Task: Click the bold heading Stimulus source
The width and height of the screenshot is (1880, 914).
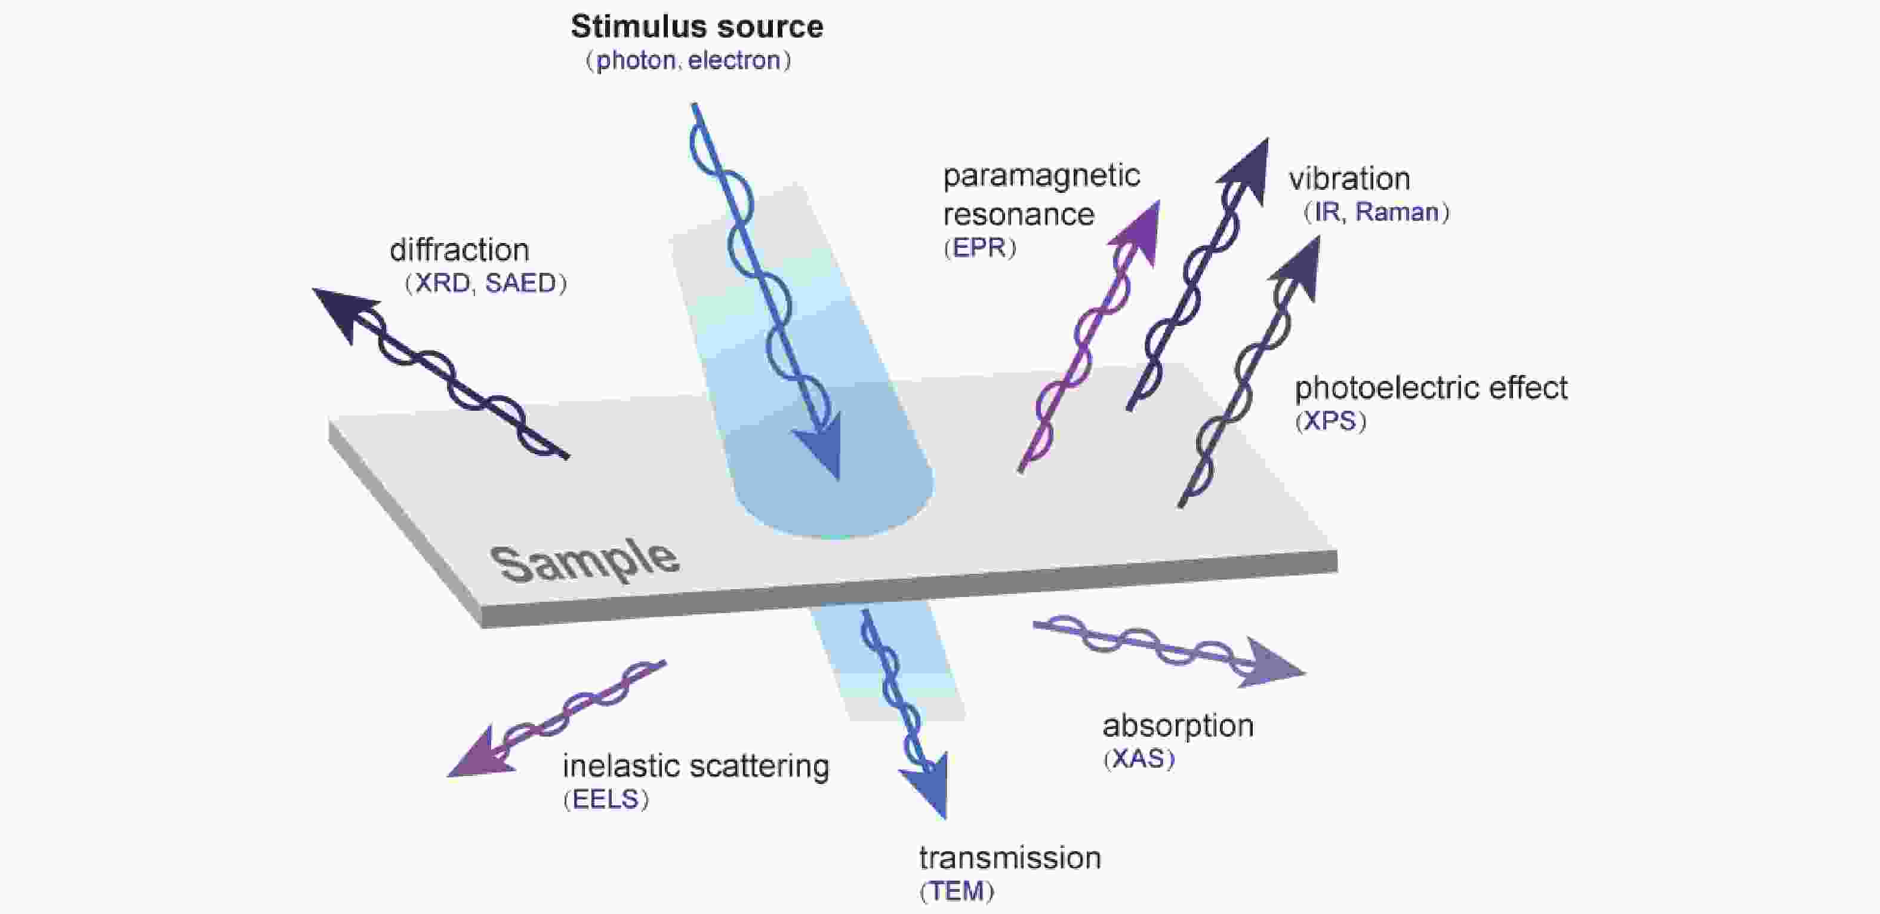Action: click(696, 27)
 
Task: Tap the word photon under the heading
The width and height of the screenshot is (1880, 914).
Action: click(636, 60)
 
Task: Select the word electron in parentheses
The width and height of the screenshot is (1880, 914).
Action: click(733, 60)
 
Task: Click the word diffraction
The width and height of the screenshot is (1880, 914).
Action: click(459, 250)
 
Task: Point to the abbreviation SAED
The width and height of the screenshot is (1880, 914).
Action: click(520, 283)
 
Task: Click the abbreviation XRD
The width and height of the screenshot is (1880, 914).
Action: click(442, 283)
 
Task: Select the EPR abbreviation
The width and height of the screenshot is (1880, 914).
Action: click(979, 248)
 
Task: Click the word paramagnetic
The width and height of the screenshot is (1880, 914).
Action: click(1041, 177)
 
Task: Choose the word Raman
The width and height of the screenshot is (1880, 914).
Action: click(1396, 213)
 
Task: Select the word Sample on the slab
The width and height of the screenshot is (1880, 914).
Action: click(584, 562)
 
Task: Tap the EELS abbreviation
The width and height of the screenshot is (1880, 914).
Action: click(605, 800)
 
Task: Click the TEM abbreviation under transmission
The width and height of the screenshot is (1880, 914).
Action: click(956, 891)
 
